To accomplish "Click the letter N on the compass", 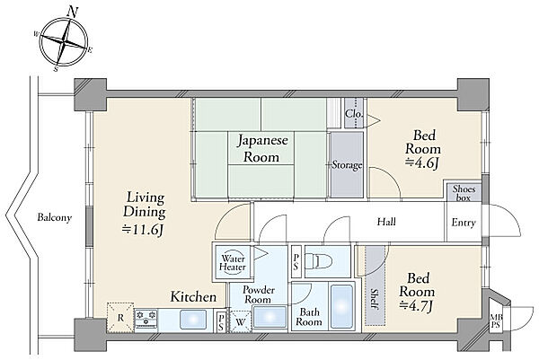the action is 72,13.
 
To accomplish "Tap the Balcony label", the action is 55,217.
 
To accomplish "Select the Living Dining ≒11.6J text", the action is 145,214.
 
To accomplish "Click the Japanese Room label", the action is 262,149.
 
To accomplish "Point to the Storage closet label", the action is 347,165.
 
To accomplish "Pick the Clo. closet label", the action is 354,113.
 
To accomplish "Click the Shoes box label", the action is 464,193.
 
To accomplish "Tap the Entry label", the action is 464,223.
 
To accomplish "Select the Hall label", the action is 386,222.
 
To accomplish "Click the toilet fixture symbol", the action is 319,262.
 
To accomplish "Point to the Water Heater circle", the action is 233,262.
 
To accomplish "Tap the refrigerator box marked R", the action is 120,318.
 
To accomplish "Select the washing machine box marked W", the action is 240,321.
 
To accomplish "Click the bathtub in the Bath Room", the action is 341,306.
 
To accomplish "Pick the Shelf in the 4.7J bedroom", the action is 375,285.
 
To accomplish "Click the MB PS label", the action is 495,320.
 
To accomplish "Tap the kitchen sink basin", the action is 193,320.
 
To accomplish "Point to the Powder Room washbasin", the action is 269,318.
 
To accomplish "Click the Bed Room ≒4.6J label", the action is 423,149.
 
